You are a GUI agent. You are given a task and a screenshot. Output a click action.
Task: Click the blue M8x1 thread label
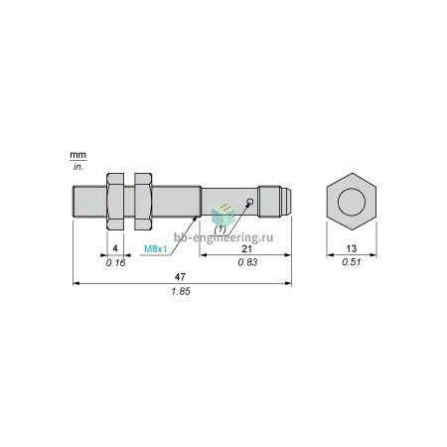point(156,249)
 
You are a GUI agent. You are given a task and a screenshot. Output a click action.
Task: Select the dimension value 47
point(180,276)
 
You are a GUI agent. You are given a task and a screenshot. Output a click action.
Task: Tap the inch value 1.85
point(181,292)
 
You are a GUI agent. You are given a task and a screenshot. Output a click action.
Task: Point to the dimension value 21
point(246,248)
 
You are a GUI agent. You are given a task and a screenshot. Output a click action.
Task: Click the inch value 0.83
point(247,262)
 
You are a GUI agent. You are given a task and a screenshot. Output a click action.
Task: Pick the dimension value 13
point(352,248)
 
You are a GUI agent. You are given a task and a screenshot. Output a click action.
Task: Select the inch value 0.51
point(352,262)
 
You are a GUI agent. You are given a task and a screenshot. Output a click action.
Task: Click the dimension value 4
point(115,248)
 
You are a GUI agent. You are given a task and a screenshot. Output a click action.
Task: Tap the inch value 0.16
point(116,263)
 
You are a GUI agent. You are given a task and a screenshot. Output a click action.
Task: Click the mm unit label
point(77,155)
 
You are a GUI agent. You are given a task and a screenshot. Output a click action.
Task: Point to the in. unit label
point(78,167)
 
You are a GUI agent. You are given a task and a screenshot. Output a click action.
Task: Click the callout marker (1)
point(221,229)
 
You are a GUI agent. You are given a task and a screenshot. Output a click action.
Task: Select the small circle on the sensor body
point(250,201)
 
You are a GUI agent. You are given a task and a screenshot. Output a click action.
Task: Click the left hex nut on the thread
point(115,202)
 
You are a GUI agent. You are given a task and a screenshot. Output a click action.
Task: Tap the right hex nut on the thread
point(143,202)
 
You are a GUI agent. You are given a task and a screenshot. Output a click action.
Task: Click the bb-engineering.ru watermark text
point(223,237)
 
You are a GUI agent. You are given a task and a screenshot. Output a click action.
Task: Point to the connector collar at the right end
point(270,202)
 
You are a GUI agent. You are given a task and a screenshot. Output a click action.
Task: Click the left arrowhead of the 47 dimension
point(75,283)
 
